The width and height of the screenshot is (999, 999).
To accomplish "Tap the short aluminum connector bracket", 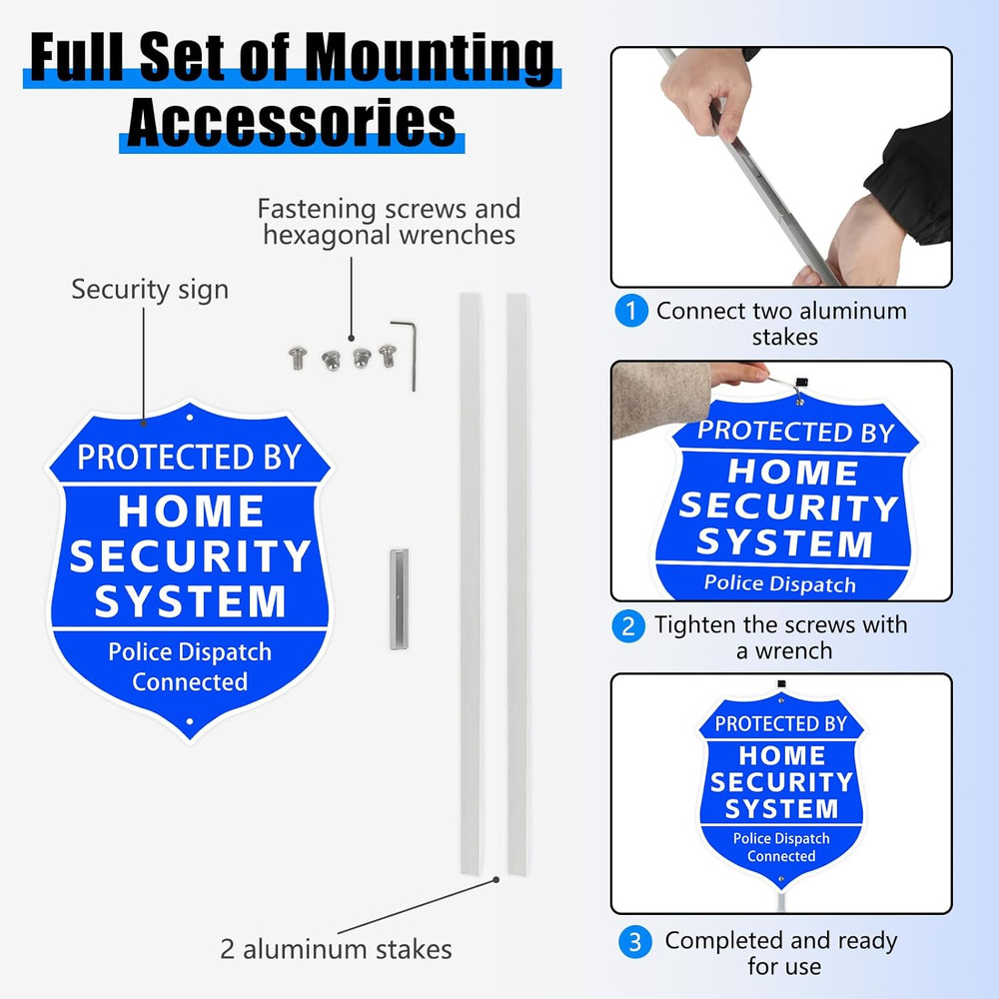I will (x=399, y=598).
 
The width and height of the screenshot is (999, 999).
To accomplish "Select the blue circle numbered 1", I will (x=630, y=311).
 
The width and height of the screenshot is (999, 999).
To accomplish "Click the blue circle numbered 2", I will (x=628, y=626).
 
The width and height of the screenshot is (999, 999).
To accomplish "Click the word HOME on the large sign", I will (x=191, y=511).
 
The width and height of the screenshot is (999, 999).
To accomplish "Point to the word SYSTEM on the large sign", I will (x=191, y=601).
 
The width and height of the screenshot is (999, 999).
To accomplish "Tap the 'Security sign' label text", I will (x=150, y=290).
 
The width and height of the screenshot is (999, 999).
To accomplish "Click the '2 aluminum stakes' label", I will (x=336, y=948).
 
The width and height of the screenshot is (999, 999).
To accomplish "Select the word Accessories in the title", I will (x=291, y=122).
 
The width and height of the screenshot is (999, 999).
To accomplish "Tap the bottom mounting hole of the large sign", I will (x=191, y=721).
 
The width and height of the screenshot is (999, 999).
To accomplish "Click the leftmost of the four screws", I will (x=297, y=357).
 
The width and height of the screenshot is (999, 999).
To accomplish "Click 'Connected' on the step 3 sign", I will (x=781, y=856).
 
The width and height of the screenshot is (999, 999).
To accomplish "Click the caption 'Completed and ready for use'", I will (x=781, y=953).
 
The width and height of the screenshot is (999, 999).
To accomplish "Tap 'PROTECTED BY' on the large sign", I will (x=190, y=457).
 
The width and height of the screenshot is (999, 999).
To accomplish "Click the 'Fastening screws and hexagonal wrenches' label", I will (x=389, y=222).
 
